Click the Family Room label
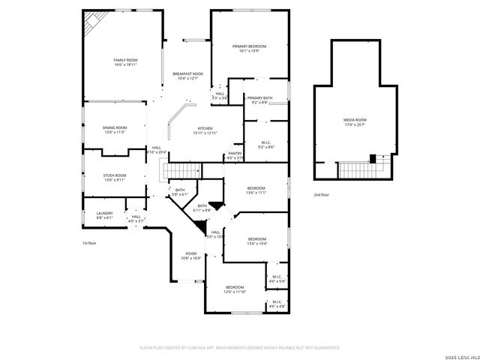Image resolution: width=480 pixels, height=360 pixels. pyautogui.click(x=125, y=60)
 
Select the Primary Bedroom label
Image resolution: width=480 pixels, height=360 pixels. pyautogui.click(x=249, y=46)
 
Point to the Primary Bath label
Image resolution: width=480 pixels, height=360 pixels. pyautogui.click(x=259, y=98)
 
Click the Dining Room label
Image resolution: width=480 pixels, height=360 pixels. pyautogui.click(x=115, y=127)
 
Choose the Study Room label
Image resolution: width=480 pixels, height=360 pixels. pyautogui.click(x=115, y=175)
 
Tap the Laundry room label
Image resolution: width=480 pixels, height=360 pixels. pyautogui.click(x=104, y=213)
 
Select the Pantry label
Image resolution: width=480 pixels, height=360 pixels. pyautogui.click(x=235, y=153)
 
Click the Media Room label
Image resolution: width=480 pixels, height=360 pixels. pyautogui.click(x=355, y=120)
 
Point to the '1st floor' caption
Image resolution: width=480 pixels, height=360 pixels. pyautogui.click(x=89, y=243)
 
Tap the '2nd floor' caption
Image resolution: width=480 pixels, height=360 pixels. pyautogui.click(x=322, y=194)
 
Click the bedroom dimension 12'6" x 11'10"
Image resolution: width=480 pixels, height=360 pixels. pyautogui.click(x=235, y=292)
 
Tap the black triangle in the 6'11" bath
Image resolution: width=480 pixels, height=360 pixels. pyautogui.click(x=216, y=205)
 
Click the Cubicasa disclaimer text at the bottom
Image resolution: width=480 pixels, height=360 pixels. pyautogui.click(x=240, y=347)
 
